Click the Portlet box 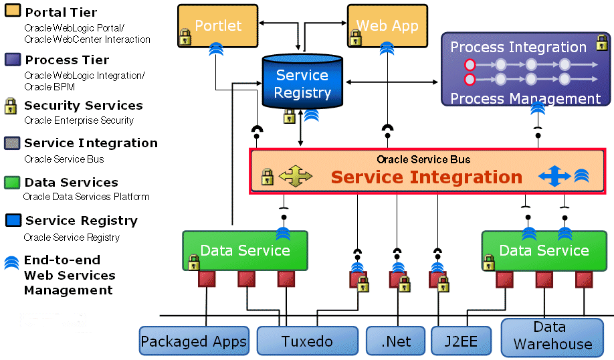point(218,25)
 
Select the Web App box point(387,25)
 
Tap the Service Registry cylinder point(302,84)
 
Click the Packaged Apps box point(193,342)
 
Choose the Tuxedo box point(307,341)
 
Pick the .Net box point(395,341)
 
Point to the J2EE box point(461,341)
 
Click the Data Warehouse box point(552,336)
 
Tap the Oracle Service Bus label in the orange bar point(423,159)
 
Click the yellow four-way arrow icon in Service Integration point(295,177)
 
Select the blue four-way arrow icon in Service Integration point(554,177)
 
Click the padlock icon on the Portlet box point(185,38)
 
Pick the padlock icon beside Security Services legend point(11,106)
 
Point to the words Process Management point(525,99)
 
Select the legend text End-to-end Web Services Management point(69,275)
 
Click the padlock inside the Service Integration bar point(267,177)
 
